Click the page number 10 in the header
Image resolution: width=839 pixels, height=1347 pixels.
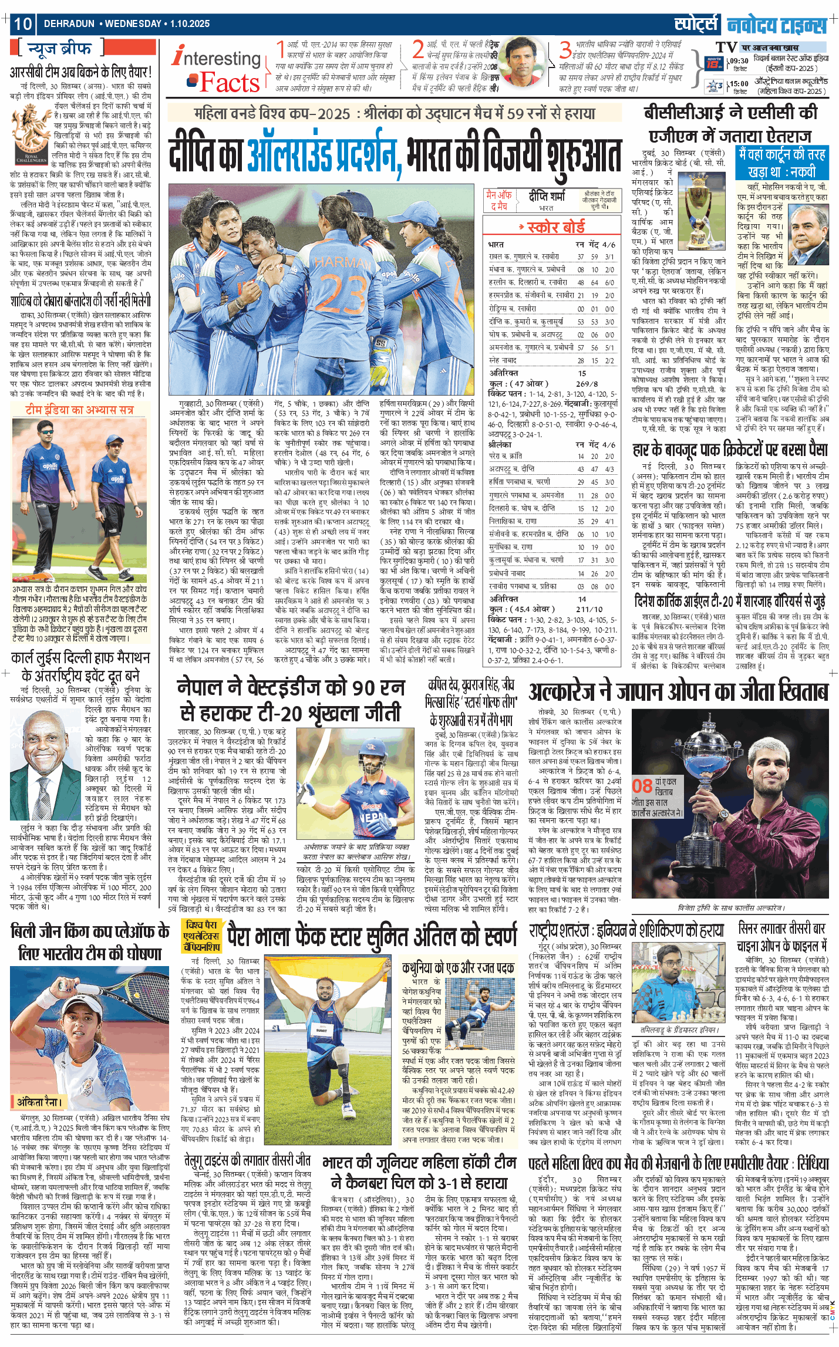23,23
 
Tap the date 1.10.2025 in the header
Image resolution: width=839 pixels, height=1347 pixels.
190,24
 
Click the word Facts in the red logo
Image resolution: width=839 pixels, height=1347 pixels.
230,83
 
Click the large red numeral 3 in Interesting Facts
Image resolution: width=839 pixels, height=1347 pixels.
565,50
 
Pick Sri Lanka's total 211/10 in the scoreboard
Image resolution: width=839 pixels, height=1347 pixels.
589,609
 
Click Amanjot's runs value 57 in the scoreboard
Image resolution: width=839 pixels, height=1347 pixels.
580,347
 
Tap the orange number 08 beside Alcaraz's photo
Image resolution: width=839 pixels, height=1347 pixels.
642,786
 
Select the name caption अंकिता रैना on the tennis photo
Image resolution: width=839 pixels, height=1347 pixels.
39,1102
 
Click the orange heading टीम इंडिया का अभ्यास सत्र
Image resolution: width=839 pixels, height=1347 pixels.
79,409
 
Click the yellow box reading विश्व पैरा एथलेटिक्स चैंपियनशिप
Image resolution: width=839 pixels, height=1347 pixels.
201,936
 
